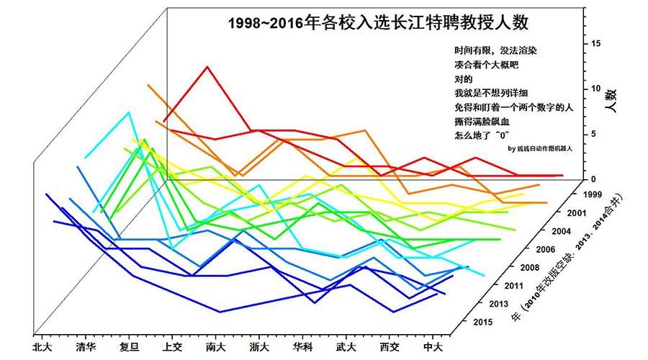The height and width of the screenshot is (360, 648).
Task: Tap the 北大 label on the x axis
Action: coord(42,346)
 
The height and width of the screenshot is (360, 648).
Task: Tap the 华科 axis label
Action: coord(303,346)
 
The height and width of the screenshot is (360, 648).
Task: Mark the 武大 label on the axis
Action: coord(346,346)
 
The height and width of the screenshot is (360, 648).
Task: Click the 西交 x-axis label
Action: coord(389,346)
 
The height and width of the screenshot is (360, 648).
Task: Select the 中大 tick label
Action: coord(432,346)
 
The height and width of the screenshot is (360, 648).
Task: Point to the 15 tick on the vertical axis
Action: coord(595,43)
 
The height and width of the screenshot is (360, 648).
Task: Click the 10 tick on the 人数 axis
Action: coord(595,89)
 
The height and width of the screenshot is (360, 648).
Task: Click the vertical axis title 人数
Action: coord(611,100)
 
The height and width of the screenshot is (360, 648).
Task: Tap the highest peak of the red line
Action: coord(207,66)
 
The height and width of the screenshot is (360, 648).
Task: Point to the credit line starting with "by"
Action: coord(539,149)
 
